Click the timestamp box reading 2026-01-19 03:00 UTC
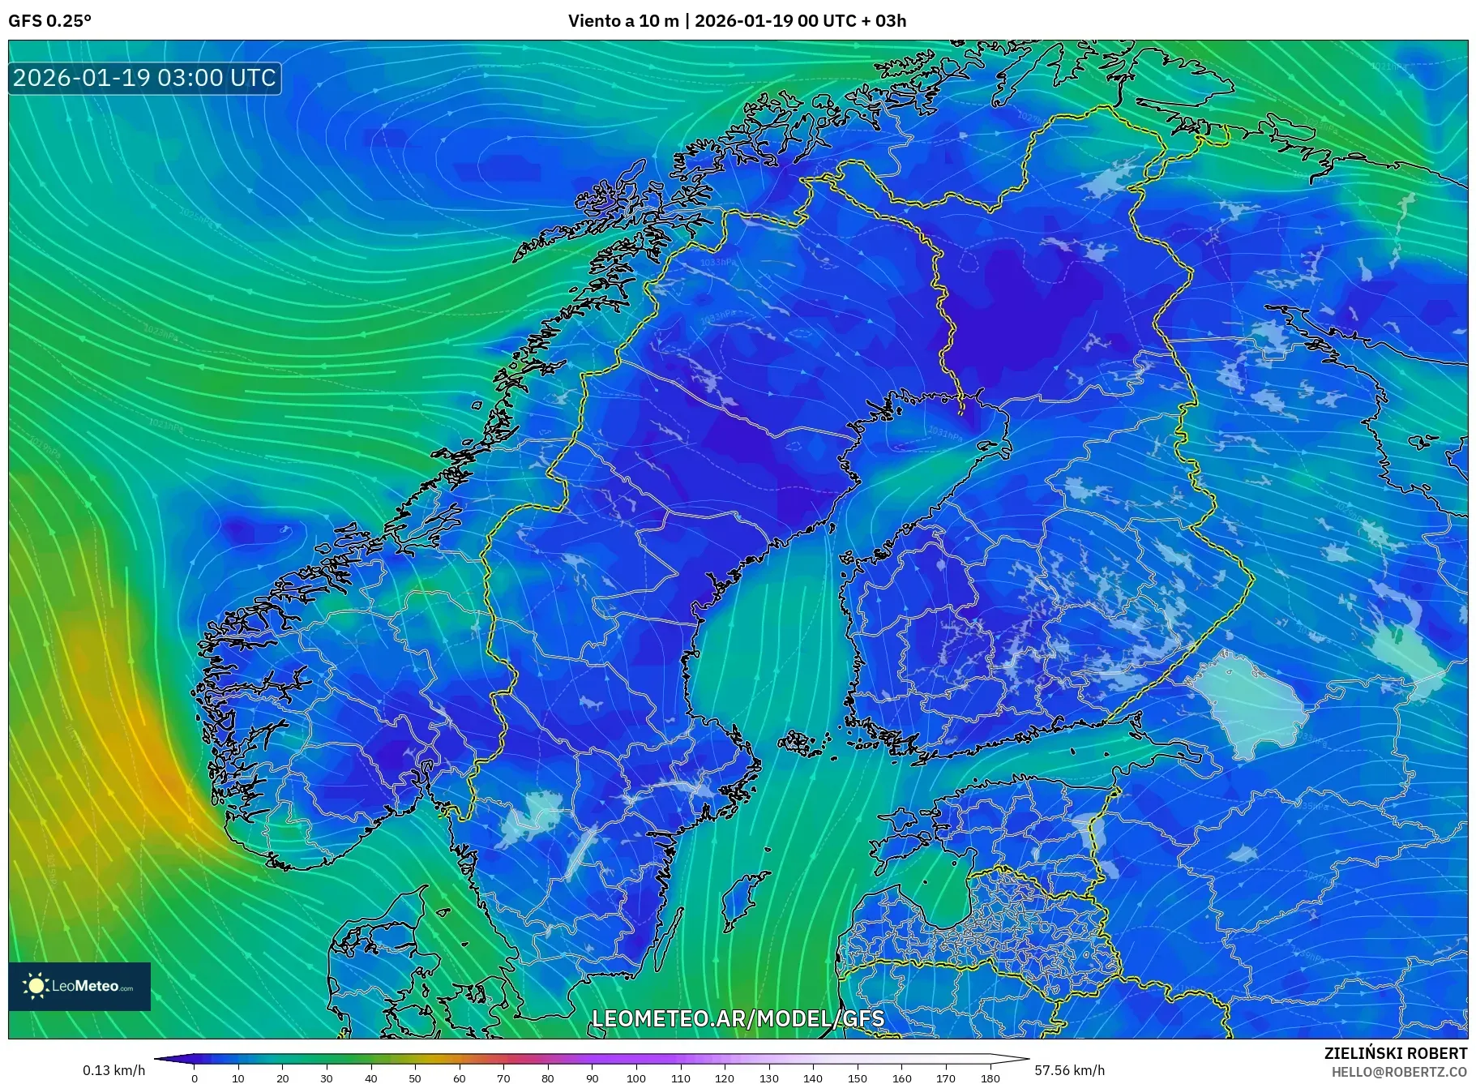[x=144, y=78]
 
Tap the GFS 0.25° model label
[x=49, y=21]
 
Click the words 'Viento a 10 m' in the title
[x=622, y=21]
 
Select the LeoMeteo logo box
[x=79, y=986]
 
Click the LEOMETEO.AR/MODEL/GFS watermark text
[x=738, y=1018]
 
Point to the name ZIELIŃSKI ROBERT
[x=1395, y=1053]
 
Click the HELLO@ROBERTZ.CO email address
[x=1398, y=1072]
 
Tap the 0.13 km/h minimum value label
[x=113, y=1070]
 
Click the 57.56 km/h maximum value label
[x=1069, y=1070]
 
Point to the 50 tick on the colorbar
[x=415, y=1078]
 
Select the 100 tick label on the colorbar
[x=636, y=1078]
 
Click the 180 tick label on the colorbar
[x=990, y=1078]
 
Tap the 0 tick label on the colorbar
[x=195, y=1078]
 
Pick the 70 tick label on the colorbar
[x=503, y=1078]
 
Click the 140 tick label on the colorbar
[x=813, y=1078]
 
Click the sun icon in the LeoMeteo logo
[x=36, y=986]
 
